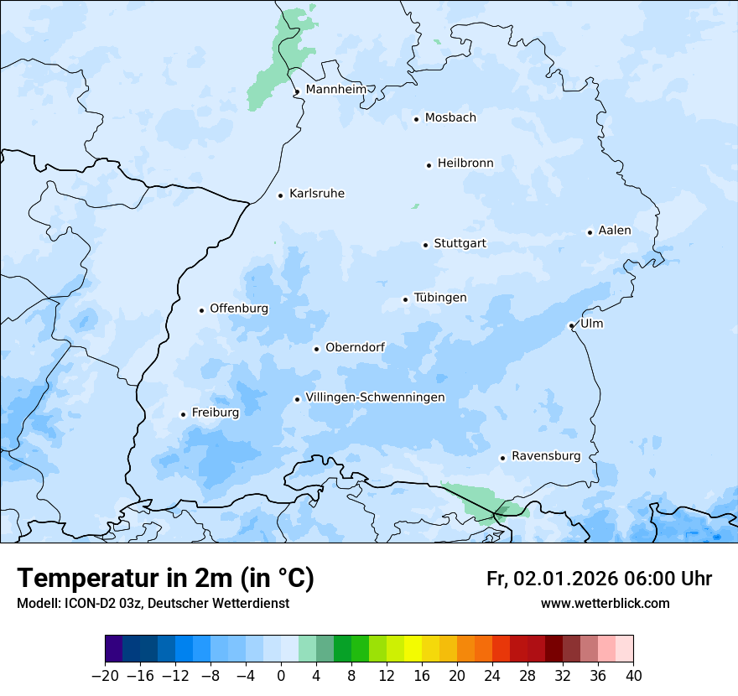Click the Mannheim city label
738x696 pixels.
point(335,90)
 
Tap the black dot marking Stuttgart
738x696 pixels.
point(425,245)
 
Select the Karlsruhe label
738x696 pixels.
point(316,194)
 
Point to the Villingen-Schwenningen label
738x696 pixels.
point(375,397)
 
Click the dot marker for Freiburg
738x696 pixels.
point(183,414)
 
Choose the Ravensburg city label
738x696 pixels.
point(545,456)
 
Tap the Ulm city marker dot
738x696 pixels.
point(571,325)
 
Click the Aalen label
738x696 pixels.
point(614,231)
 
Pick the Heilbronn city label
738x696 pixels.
point(465,164)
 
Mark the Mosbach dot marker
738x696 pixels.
point(416,119)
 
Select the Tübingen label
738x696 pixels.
point(440,298)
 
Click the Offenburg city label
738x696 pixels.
point(239,309)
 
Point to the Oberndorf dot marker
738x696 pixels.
point(316,349)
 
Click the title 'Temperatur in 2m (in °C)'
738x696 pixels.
point(165,579)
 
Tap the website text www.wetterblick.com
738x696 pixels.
point(605,604)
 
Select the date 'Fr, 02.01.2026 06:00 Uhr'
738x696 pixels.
point(599,579)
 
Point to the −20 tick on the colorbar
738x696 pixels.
point(106,675)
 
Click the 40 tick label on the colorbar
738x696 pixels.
point(633,675)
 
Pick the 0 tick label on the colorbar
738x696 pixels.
point(281,675)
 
